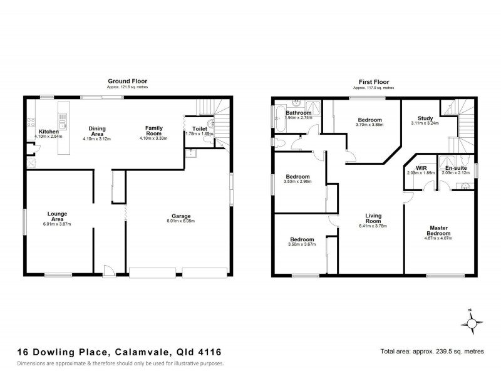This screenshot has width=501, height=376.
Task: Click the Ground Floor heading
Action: (127, 81)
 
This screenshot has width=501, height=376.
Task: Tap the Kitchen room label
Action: (48, 132)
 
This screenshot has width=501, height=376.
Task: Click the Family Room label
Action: (154, 131)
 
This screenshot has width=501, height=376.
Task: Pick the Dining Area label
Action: (97, 131)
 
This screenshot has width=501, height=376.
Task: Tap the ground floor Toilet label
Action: (199, 128)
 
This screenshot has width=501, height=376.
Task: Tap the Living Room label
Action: (373, 219)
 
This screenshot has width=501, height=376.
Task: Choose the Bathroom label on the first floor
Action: (298, 113)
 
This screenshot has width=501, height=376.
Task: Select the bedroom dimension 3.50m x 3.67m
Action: (302, 244)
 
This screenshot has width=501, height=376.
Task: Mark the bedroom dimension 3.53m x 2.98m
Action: (297, 182)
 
